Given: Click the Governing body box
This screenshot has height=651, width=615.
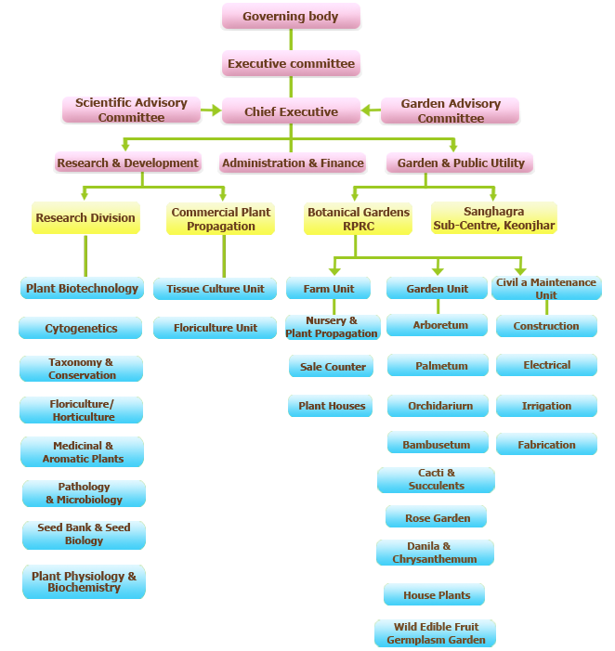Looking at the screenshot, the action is tap(291, 16).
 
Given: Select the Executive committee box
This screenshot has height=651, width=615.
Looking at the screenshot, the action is tap(291, 63).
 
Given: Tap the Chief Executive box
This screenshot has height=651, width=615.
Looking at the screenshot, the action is tap(291, 111).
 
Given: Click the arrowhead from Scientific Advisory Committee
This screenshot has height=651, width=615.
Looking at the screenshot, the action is tap(216, 110).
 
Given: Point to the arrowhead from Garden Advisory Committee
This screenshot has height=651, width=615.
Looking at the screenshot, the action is tap(366, 110).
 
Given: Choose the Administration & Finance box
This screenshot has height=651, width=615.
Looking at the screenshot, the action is tap(293, 163).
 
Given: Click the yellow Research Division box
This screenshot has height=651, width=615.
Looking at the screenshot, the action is tap(85, 218).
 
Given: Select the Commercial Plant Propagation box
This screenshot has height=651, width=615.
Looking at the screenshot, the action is tap(220, 219).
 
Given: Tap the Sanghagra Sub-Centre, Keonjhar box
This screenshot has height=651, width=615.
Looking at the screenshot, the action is tap(493, 218).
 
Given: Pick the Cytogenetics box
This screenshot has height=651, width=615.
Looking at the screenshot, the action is tap(81, 328).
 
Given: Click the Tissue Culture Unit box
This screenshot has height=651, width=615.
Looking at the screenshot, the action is tap(216, 289).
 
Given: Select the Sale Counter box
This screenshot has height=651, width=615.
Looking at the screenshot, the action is tap(332, 366).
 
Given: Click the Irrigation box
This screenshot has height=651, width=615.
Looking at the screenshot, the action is tap(546, 406).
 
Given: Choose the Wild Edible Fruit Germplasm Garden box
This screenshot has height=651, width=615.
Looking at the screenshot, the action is tap(435, 633).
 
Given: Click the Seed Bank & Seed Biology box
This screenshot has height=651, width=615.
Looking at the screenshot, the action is tap(84, 535).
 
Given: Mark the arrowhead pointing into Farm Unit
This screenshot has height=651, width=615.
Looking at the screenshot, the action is tap(334, 271).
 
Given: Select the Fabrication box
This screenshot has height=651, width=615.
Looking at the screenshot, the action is tap(546, 444).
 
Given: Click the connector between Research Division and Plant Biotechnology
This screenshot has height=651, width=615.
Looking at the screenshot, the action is tap(85, 255).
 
